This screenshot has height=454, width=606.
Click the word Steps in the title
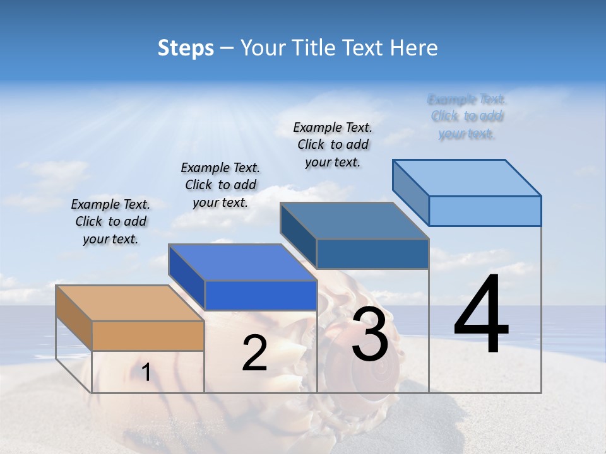pos(186,48)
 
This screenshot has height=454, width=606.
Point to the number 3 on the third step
pos(370,334)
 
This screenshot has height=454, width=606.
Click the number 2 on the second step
pos(254,353)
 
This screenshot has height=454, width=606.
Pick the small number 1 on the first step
pos(146,373)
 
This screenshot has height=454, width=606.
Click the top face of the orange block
pos(129,303)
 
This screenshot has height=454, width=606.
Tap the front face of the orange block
pos(148,335)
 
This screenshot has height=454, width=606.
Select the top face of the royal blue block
pos(242,262)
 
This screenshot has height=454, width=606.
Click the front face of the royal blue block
pos(260,295)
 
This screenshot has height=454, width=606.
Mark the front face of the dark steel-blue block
pos(372,253)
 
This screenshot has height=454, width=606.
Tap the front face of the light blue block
pos(485,211)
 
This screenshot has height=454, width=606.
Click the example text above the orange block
pos(110,221)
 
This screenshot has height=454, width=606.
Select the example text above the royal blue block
pos(220,185)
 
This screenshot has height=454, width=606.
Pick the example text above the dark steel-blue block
pos(333,144)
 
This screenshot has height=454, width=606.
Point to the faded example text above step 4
pos(466,116)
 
